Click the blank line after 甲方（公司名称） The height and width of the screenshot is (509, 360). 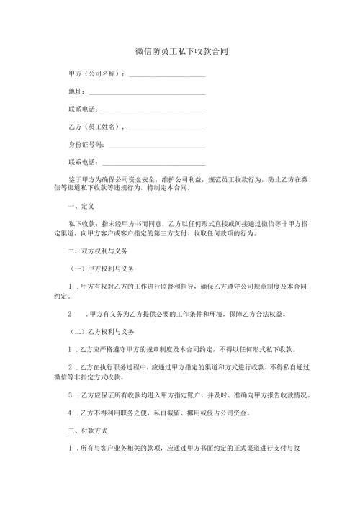pyautogui.click(x=166, y=75)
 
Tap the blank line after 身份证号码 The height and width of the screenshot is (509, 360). pyautogui.click(x=156, y=145)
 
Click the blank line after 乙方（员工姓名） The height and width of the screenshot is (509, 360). pyautogui.click(x=166, y=127)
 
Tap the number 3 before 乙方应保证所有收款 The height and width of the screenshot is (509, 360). pyautogui.click(x=70, y=395)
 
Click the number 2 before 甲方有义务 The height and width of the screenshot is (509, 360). pyautogui.click(x=70, y=315)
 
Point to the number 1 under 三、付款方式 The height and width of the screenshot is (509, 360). pyautogui.click(x=70, y=448)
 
